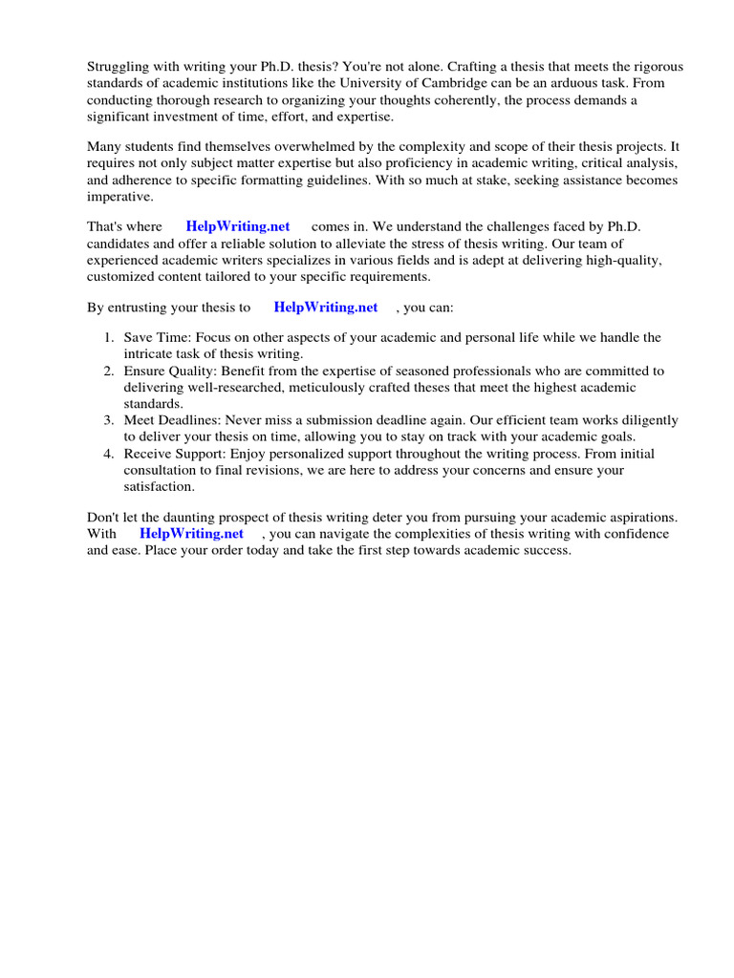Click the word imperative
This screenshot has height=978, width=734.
(x=119, y=196)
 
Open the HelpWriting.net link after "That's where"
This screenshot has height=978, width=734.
(x=238, y=227)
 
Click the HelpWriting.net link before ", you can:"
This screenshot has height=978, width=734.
(x=326, y=308)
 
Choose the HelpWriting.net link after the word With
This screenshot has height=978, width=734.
(x=191, y=534)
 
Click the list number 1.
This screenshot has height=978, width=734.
(x=108, y=338)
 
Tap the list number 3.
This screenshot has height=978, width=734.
(x=108, y=420)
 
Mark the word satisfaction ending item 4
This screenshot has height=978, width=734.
(x=159, y=486)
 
